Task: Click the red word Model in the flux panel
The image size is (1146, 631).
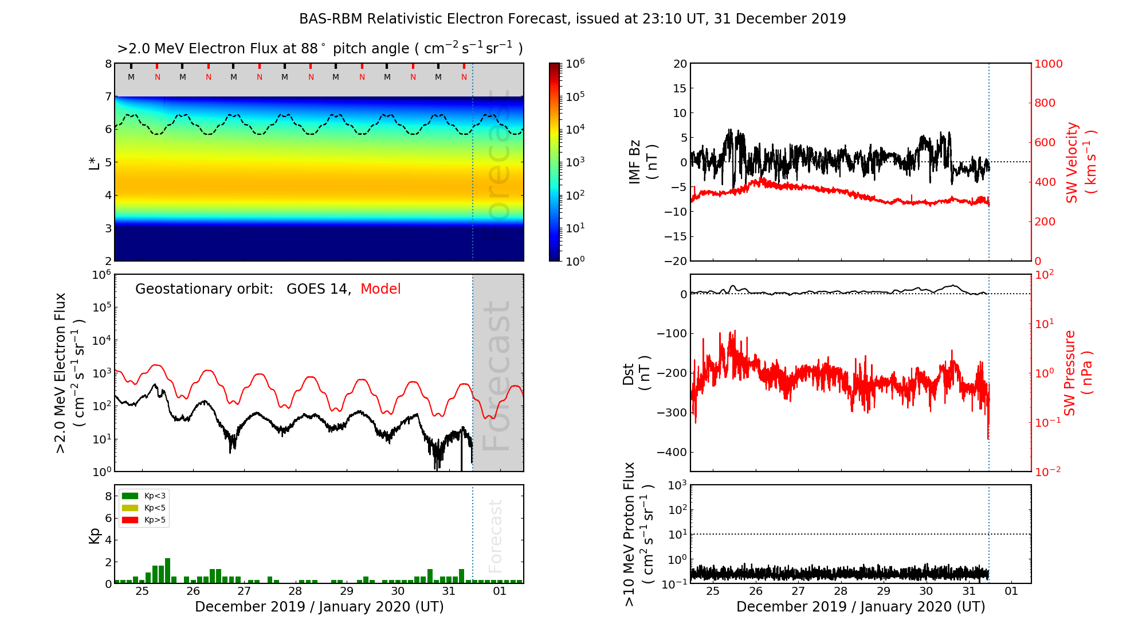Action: pos(380,289)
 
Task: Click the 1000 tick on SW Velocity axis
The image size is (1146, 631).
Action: pos(1049,64)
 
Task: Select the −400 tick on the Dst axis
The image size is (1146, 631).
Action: pos(672,452)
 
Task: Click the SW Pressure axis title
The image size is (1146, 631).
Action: pos(1078,373)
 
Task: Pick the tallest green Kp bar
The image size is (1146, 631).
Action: pos(167,570)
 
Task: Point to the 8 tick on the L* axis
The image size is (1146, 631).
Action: pos(108,64)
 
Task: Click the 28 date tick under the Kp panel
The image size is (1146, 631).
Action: pos(295,591)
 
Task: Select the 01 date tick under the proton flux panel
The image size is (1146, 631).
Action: pos(1011,591)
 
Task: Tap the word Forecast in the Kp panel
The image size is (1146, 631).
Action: pos(495,536)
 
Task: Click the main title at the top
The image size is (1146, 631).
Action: pos(572,19)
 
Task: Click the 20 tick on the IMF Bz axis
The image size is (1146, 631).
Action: pos(680,64)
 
